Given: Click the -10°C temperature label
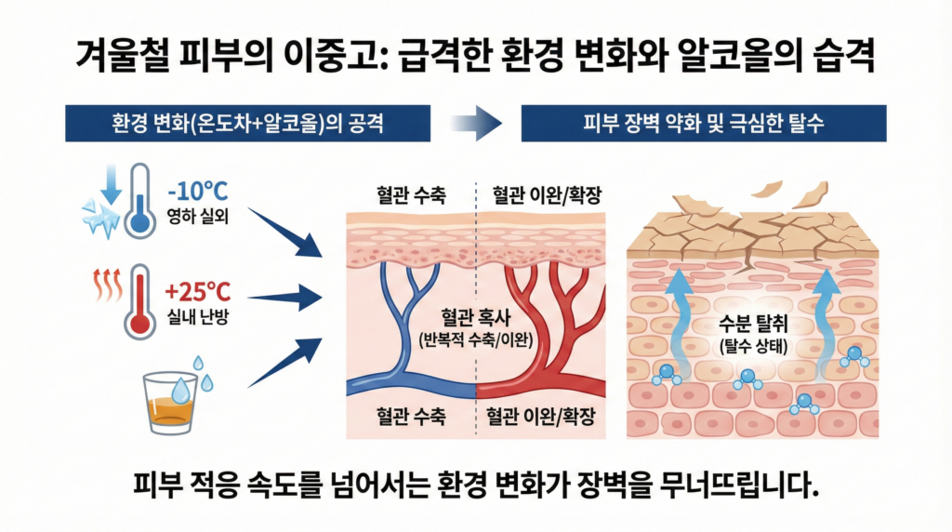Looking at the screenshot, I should (x=197, y=193).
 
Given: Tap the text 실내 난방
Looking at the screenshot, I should (x=199, y=315).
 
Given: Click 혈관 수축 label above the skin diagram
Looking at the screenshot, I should (x=410, y=196).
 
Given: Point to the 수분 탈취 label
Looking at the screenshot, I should (x=753, y=326).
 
